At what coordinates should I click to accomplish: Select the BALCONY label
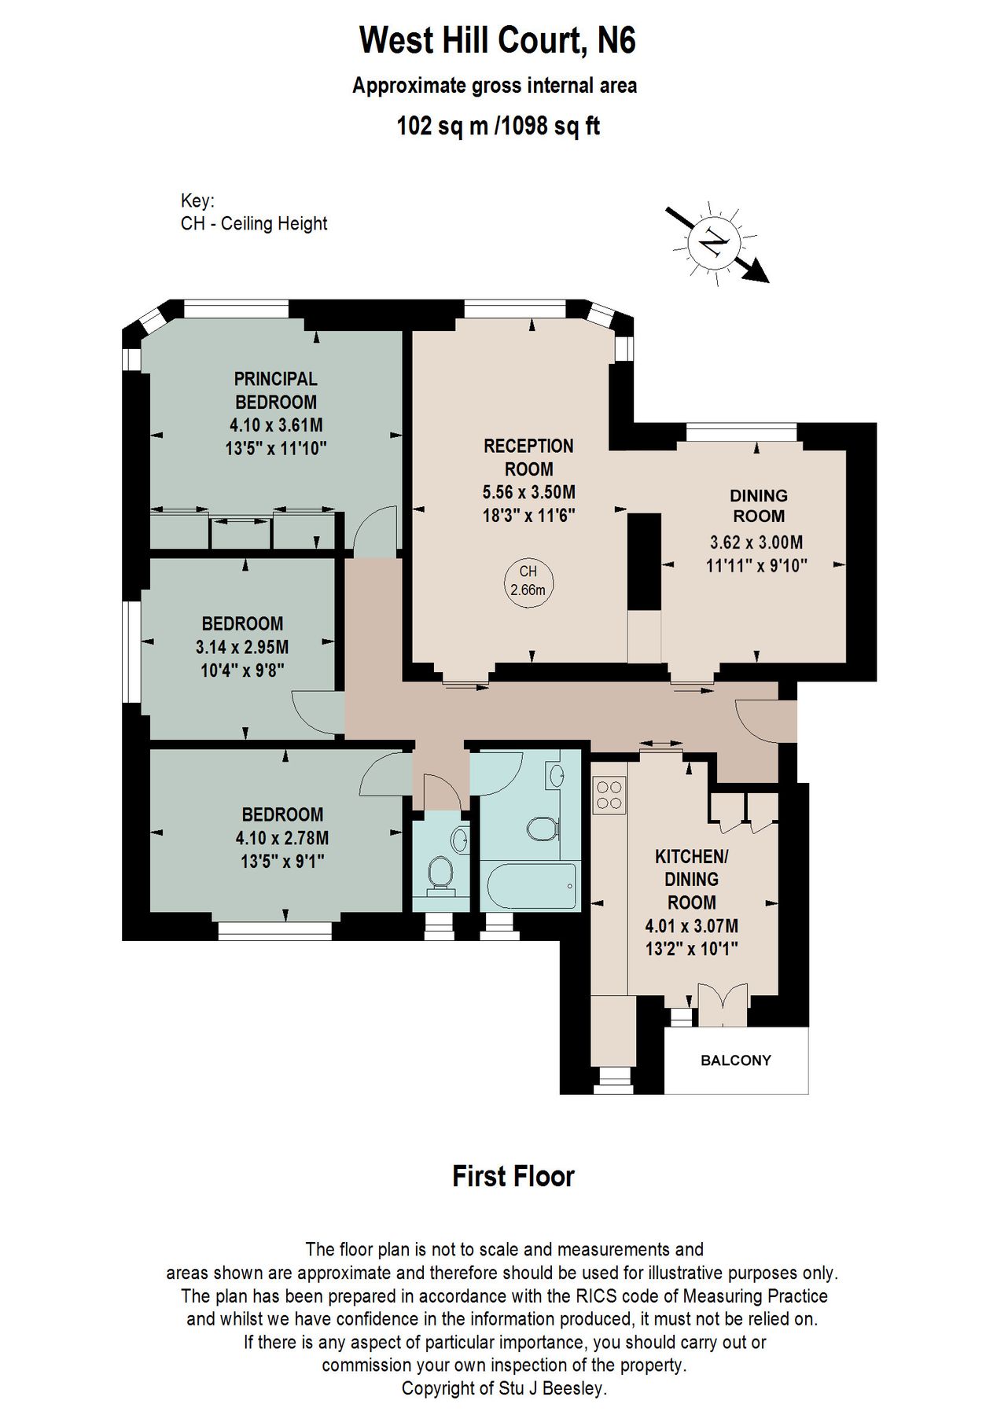[736, 1060]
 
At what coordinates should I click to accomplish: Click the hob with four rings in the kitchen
[610, 793]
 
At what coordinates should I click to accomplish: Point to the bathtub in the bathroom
[531, 887]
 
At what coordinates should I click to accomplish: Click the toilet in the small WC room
[440, 874]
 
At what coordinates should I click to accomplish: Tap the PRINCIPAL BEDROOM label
[275, 391]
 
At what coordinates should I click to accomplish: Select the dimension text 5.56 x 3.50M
[528, 493]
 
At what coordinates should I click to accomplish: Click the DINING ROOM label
[758, 506]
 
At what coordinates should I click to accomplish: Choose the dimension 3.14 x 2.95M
[241, 648]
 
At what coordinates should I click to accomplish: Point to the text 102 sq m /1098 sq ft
[498, 126]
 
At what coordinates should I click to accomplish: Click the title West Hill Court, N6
[497, 41]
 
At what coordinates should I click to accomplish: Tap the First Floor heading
[513, 1176]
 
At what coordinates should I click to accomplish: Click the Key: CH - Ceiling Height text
[253, 212]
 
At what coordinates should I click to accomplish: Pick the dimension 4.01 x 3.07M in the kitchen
[691, 927]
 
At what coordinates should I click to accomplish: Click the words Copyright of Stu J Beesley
[504, 1388]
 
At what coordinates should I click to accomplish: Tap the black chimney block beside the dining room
[645, 560]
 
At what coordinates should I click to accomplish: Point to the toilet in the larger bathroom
[541, 828]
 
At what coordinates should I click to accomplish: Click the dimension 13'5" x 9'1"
[282, 862]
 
